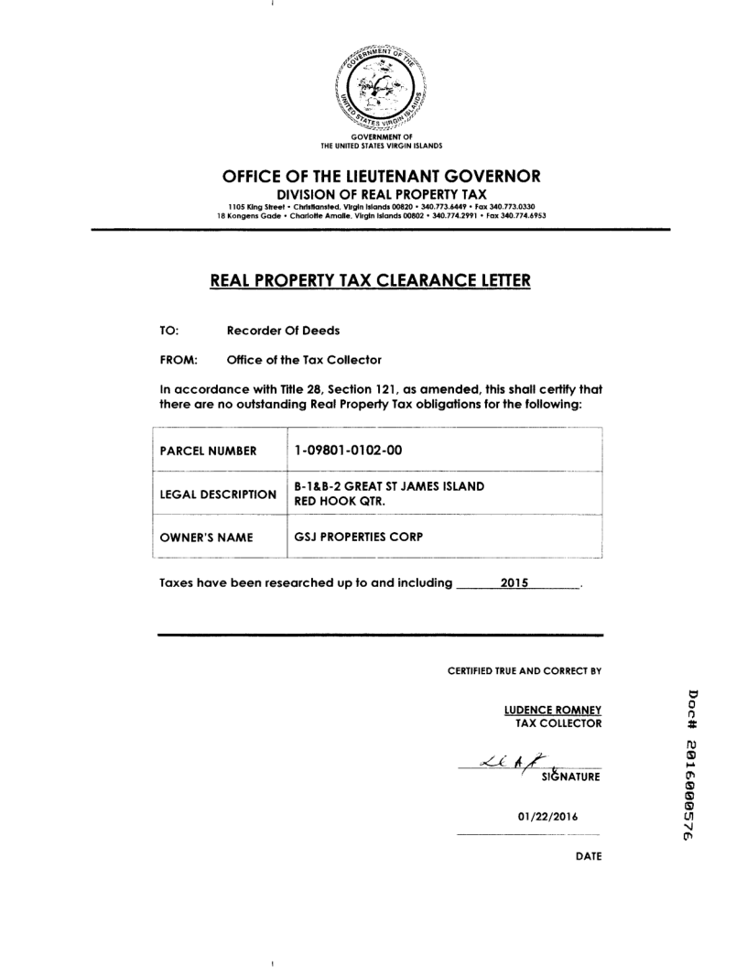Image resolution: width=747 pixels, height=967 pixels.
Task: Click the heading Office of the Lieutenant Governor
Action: tap(382, 176)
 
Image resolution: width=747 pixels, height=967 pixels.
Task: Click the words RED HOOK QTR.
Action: tap(331, 502)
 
